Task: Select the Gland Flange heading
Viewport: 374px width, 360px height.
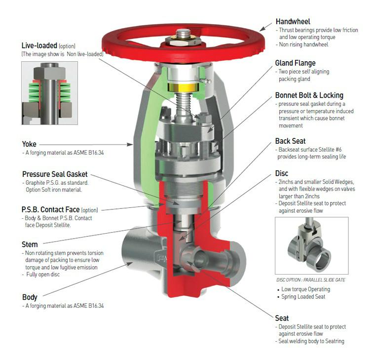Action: tap(295, 63)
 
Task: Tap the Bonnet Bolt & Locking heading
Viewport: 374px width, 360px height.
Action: tap(309, 95)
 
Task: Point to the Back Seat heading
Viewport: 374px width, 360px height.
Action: tap(291, 141)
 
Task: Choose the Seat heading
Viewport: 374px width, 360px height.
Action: tap(282, 318)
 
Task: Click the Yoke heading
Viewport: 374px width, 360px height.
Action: tap(29, 144)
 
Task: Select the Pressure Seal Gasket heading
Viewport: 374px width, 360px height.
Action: tap(55, 174)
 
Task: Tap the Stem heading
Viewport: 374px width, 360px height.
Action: tap(30, 244)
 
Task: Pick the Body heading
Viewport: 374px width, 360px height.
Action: tap(30, 297)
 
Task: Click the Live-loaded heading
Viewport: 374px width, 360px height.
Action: tap(39, 45)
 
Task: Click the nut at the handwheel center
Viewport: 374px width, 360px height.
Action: tap(183, 38)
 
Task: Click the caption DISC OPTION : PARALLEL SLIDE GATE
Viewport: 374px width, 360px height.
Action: tap(311, 280)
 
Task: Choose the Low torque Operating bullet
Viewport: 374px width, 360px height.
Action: tap(305, 289)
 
